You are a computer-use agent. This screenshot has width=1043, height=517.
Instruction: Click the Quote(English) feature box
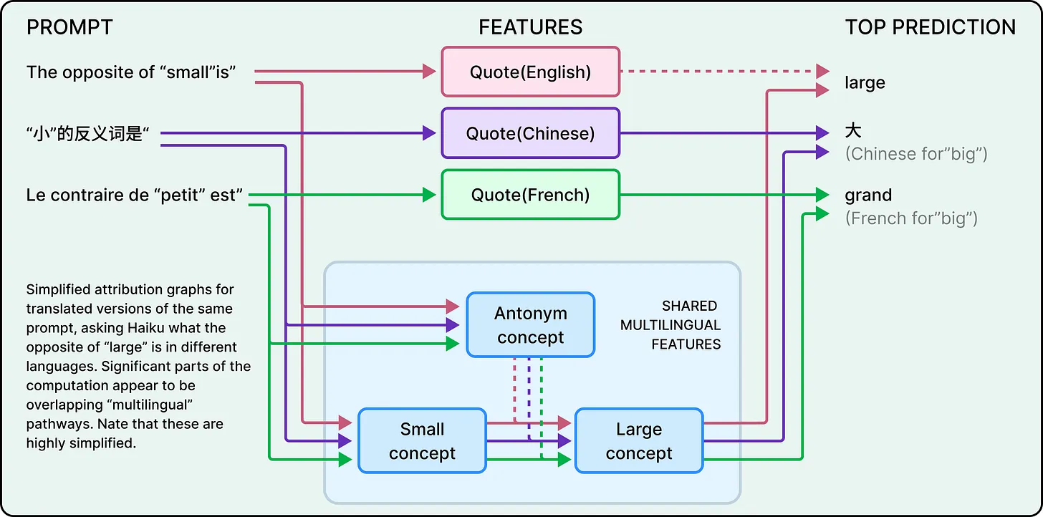point(530,72)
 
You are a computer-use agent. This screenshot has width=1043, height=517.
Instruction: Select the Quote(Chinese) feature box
point(530,133)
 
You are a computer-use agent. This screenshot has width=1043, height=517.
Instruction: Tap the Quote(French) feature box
point(530,195)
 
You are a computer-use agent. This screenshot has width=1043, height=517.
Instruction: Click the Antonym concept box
point(530,325)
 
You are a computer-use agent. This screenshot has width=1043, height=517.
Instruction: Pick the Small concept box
point(422,441)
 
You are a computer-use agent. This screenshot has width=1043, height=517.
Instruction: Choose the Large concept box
point(638,441)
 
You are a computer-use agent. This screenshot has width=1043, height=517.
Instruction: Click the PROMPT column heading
point(69,27)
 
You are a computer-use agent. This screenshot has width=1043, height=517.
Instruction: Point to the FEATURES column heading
point(530,27)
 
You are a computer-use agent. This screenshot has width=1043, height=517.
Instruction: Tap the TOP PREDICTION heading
point(930,27)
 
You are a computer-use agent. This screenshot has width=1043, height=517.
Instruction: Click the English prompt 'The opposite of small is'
point(132,72)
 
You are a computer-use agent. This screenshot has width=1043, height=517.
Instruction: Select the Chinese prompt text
point(92,134)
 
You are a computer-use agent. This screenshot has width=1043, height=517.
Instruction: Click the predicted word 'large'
point(865,83)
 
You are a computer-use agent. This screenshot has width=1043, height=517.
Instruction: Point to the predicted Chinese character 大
point(853,131)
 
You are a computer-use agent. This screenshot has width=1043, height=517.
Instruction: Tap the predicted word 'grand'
point(868,195)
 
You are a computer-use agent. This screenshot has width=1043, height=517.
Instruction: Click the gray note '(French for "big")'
point(911,218)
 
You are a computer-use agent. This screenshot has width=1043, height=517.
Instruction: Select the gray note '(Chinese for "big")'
point(916,154)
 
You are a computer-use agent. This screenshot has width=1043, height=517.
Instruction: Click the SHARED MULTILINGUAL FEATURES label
point(670,326)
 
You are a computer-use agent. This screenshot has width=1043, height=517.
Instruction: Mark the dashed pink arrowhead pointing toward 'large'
point(822,72)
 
